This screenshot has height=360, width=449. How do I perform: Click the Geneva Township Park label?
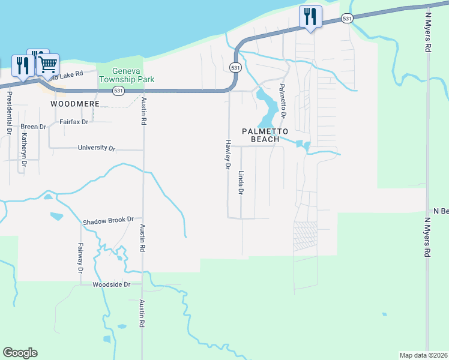click(127, 75)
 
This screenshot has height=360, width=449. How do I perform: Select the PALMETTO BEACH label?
click(265, 135)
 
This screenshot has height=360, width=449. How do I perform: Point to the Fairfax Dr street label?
click(74, 122)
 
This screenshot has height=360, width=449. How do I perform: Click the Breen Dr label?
click(33, 127)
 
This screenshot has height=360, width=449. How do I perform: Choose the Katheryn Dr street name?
click(24, 149)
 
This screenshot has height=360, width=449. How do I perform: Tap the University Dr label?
click(96, 148)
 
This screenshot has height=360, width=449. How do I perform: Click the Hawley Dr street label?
click(228, 155)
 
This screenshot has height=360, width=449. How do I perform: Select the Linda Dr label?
click(241, 183)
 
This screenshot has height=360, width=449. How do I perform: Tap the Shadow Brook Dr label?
click(108, 220)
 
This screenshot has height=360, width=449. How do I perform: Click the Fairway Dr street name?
click(80, 258)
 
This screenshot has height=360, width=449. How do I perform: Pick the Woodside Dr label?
click(112, 284)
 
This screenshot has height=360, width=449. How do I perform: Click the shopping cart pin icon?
click(48, 64)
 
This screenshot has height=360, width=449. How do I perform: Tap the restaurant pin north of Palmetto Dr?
click(310, 16)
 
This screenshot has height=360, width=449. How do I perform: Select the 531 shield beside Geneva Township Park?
click(119, 91)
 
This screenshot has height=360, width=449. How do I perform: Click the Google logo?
click(20, 353)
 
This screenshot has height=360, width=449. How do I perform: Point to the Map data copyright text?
click(424, 355)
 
